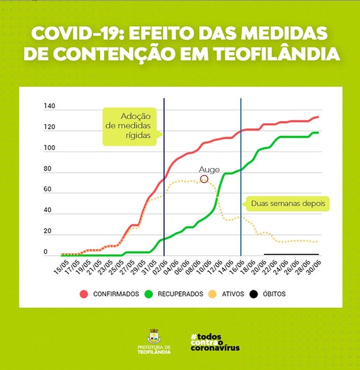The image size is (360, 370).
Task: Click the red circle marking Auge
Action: pos(204,180)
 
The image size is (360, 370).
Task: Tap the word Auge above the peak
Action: pos(209,170)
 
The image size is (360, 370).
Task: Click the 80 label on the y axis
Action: pos(48,169)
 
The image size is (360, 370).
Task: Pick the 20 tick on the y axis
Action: pos(48,231)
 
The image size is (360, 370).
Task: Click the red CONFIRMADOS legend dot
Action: pos(84,294)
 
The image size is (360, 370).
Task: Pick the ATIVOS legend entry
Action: pos(227,294)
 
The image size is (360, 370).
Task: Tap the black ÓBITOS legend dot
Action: pos(254,294)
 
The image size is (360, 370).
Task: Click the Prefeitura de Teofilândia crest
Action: pos(154,336)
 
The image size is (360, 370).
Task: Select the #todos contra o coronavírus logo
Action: pos(215,342)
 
